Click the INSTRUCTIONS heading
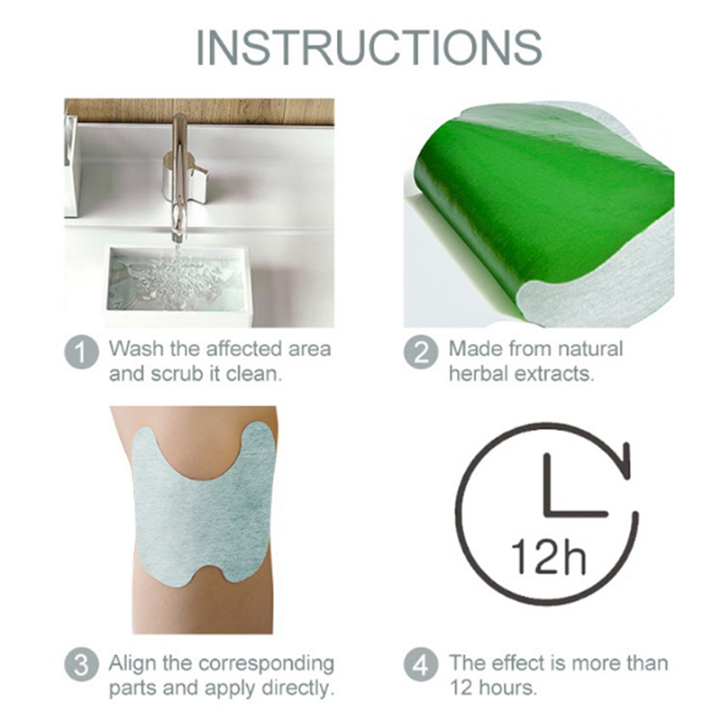369,48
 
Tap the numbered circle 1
81,353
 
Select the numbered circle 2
421,353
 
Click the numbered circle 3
81,664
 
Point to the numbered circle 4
421,664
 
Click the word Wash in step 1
136,349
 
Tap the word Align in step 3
132,663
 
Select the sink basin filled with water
177,281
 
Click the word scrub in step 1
177,374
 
